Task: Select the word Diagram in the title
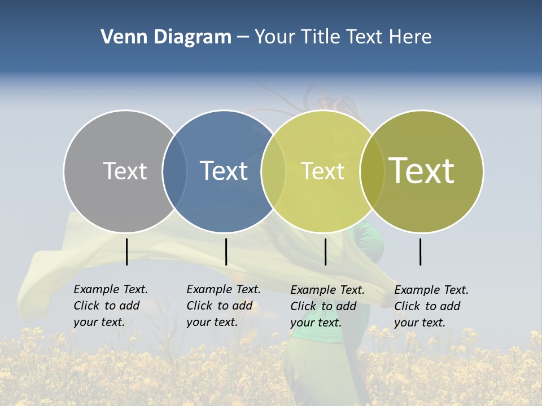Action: pos(192,37)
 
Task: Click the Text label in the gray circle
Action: pos(125,171)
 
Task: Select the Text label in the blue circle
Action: pos(224,171)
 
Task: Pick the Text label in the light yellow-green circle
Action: pos(322,171)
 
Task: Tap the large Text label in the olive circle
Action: pos(421,170)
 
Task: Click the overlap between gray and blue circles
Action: pos(174,171)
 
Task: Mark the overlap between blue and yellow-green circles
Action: pos(273,171)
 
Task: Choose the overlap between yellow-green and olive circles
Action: pos(371,171)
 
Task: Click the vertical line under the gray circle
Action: pos(127,251)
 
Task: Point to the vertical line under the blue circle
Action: pos(226,251)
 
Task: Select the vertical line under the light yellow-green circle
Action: pos(325,251)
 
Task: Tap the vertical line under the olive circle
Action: pos(421,251)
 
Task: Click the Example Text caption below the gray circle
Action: pos(111,306)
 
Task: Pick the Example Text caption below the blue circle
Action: pos(224,306)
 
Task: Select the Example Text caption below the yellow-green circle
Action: pos(327,306)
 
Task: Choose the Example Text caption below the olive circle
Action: pos(431,306)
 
